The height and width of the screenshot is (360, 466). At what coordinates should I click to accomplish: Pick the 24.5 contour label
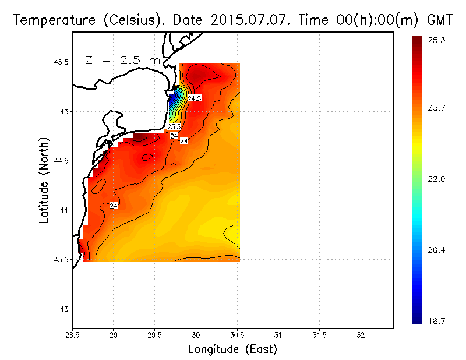(x=195, y=98)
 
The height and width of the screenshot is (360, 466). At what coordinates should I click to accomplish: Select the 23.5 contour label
(x=174, y=126)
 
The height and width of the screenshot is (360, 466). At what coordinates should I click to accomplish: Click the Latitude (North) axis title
(x=45, y=181)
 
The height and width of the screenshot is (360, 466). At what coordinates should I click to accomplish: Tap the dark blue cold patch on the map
(x=173, y=100)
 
